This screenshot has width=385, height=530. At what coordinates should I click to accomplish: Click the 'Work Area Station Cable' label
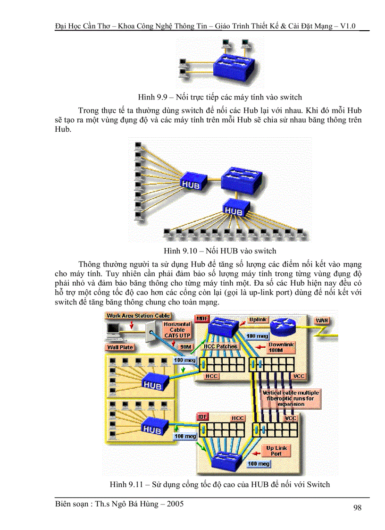point(138,316)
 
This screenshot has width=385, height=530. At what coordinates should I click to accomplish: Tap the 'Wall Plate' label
point(120,347)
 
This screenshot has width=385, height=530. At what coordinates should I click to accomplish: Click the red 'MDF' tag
point(202,319)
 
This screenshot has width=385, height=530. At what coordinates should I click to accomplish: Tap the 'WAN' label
point(322,320)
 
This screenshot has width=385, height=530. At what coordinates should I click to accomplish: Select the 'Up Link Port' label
point(276,451)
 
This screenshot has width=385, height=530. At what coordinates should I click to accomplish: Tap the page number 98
point(357,508)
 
